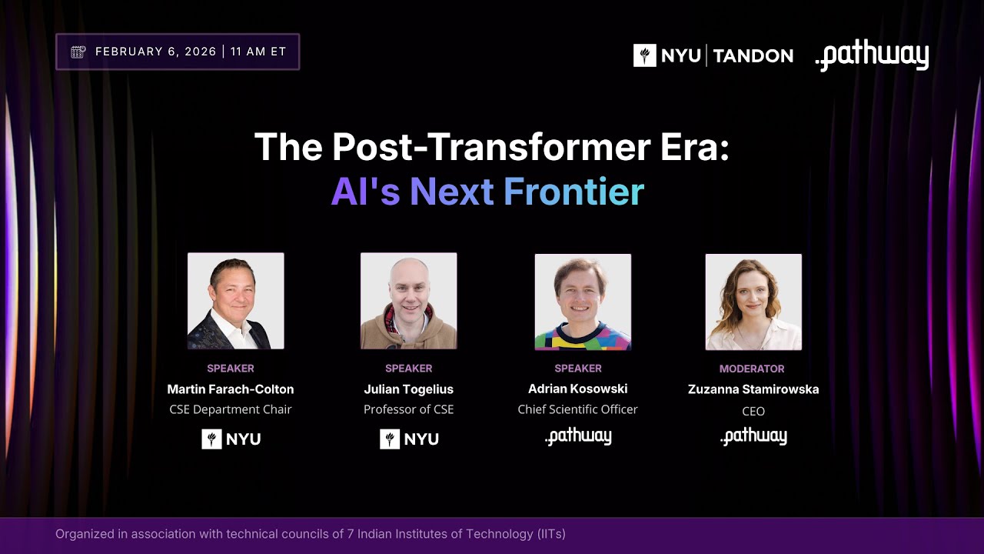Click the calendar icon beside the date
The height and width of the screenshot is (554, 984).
pyautogui.click(x=78, y=52)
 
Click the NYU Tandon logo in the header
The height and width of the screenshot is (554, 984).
pyautogui.click(x=713, y=55)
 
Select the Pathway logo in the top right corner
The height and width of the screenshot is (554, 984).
pyautogui.click(x=872, y=56)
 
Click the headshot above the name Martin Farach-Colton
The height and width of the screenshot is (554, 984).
pyautogui.click(x=235, y=301)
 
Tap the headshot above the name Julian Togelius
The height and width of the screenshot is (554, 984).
pyautogui.click(x=408, y=301)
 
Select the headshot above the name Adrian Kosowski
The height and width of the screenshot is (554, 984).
pyautogui.click(x=583, y=302)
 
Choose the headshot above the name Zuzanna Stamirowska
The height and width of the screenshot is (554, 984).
pyautogui.click(x=753, y=302)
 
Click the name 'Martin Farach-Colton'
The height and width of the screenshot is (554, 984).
pyautogui.click(x=231, y=389)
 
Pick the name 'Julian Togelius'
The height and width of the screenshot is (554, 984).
pyautogui.click(x=408, y=389)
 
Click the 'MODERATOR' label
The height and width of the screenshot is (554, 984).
pyautogui.click(x=752, y=369)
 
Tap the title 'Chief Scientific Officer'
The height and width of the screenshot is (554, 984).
pyautogui.click(x=577, y=409)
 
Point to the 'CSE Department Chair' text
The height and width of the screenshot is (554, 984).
pyautogui.click(x=231, y=409)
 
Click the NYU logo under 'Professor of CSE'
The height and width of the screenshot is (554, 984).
pyautogui.click(x=409, y=439)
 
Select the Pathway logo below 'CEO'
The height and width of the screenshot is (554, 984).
pyautogui.click(x=753, y=437)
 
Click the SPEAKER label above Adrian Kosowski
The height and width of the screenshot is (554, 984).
pyautogui.click(x=578, y=369)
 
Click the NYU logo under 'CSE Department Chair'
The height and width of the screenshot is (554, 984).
pyautogui.click(x=231, y=439)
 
